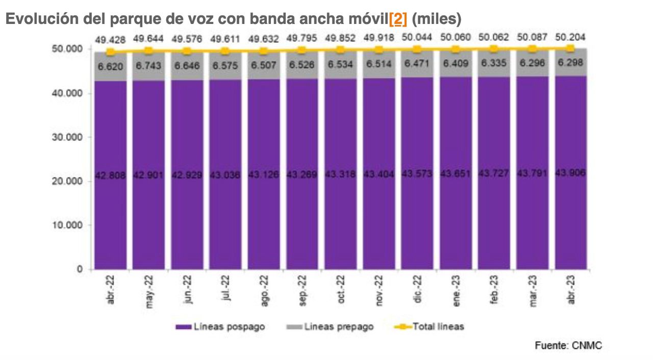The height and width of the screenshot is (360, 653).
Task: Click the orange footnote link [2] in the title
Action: coord(398,19)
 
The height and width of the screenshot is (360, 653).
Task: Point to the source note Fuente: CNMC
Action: coord(568,346)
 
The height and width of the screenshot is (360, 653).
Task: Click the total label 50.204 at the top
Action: coord(570,37)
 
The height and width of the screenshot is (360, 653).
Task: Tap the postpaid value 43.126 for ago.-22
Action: coord(264,175)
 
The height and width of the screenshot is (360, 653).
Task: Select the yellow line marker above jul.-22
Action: coord(225,50)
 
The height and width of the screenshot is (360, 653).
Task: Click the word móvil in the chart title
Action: coord(367,19)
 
